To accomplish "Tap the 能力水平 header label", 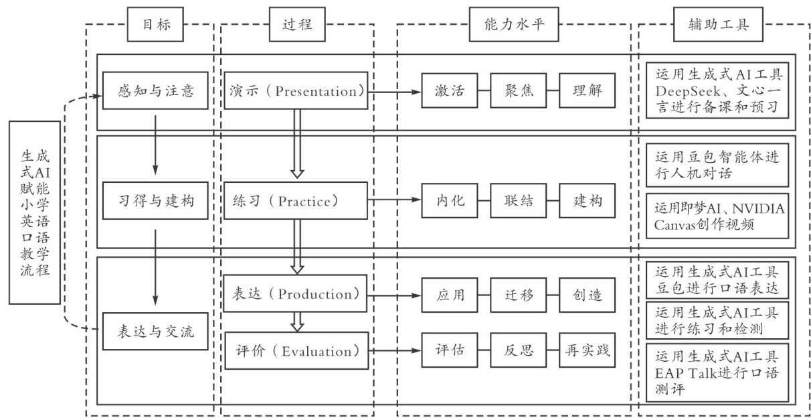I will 514,25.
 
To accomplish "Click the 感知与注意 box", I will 156,90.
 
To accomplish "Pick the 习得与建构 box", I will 156,200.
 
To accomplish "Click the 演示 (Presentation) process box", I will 295,90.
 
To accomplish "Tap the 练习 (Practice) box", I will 295,200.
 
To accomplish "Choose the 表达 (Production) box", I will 295,294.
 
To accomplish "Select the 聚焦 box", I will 515,90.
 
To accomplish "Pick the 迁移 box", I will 515,294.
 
